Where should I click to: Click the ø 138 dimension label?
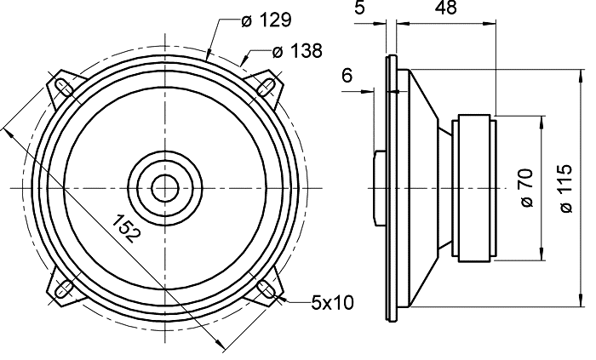tap(297, 52)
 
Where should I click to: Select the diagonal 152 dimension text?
tap(127, 227)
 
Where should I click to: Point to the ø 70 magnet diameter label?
tap(525, 187)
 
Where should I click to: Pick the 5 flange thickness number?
tap(361, 9)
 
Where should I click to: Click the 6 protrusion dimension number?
tap(347, 76)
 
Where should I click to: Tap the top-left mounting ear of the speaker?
tap(62, 85)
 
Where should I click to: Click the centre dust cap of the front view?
tap(166, 186)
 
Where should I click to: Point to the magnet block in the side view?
tap(473, 186)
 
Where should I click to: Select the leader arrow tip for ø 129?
tap(209, 57)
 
